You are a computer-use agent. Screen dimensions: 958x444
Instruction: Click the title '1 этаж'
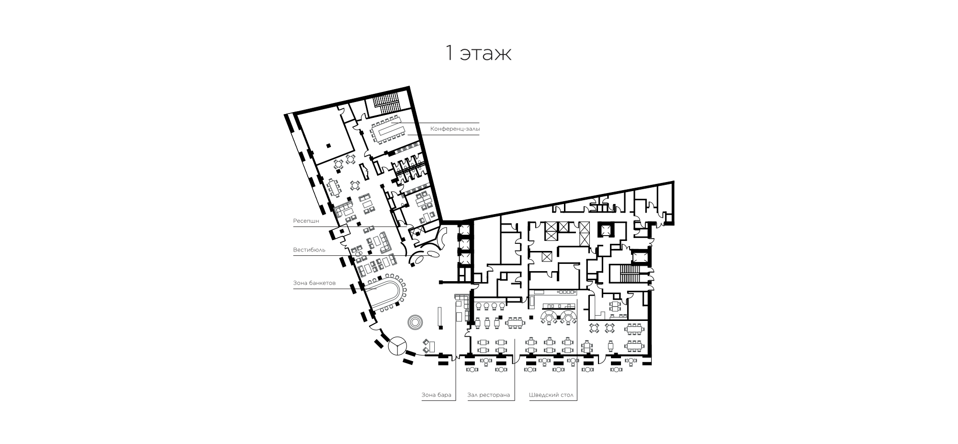[x=478, y=53]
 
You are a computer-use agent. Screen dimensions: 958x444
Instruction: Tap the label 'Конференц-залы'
[x=455, y=129]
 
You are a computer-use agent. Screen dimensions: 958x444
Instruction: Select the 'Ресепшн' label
[x=306, y=221]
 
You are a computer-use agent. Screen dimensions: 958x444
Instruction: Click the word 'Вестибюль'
[x=309, y=250]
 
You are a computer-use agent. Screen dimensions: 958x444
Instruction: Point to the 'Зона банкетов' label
[x=314, y=283]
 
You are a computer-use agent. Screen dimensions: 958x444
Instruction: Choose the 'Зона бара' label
[x=437, y=396]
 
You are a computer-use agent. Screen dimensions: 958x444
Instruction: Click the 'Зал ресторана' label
[x=489, y=396]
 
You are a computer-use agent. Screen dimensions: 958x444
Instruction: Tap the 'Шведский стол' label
[x=551, y=396]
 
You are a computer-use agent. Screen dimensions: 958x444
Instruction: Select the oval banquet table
[x=382, y=292]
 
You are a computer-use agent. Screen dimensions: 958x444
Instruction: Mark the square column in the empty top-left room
[x=328, y=145]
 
